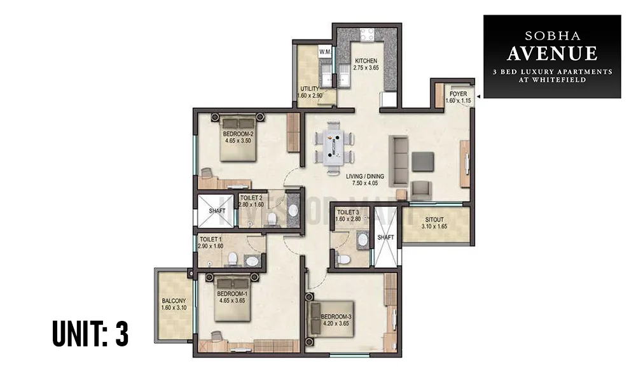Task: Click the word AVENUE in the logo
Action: [x=552, y=52]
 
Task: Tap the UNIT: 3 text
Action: [x=90, y=334]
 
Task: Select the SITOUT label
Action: [x=435, y=218]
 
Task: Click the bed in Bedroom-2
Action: [x=238, y=137]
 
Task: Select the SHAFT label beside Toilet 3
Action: [x=385, y=237]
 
